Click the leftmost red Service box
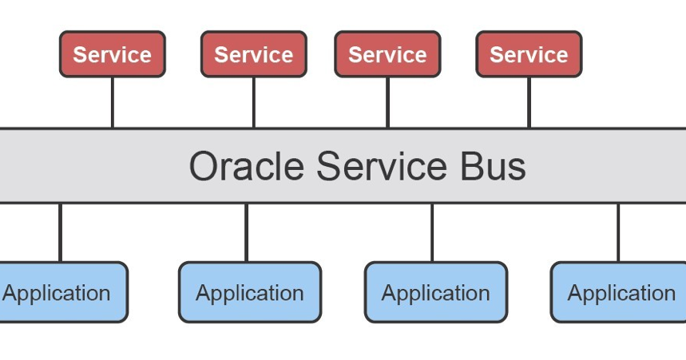(113, 54)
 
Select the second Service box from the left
(254, 54)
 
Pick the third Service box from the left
(387, 54)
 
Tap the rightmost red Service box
(529, 54)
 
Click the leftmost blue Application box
(60, 292)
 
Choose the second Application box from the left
(249, 292)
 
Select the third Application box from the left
(436, 292)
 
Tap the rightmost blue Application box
(620, 292)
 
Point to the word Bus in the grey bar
(493, 167)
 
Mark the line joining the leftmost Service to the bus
(113, 102)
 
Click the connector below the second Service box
(254, 102)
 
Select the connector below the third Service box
(387, 102)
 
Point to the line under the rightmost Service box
(529, 102)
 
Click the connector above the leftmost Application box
(60, 232)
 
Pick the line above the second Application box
(246, 232)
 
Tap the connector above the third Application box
(432, 232)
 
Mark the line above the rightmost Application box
(618, 232)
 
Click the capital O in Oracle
(204, 167)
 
